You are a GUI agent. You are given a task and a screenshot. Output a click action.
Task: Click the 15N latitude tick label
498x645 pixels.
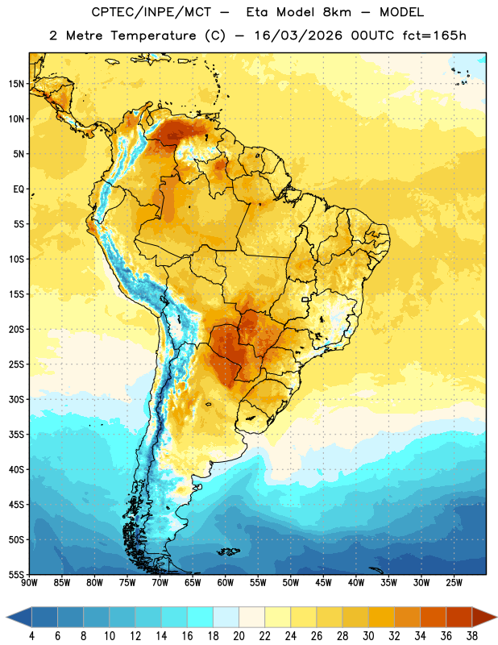click(x=16, y=84)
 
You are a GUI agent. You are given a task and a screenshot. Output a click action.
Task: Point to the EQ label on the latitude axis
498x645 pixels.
click(x=19, y=189)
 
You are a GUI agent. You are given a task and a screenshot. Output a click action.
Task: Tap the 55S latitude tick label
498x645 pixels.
click(x=16, y=574)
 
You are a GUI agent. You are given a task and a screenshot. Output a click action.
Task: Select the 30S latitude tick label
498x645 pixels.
click(x=16, y=399)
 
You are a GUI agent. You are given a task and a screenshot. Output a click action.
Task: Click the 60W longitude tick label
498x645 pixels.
click(x=226, y=583)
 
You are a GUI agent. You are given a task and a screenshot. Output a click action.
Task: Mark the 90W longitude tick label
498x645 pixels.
click(x=29, y=583)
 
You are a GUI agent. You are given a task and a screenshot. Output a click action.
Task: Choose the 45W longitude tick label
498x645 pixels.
click(x=323, y=583)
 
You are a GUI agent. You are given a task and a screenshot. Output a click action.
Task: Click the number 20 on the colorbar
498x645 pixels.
click(x=239, y=636)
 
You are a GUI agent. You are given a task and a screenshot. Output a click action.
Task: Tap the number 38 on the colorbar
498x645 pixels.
click(x=471, y=636)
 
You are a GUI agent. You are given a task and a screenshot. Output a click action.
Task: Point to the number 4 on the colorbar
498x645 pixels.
click(x=31, y=636)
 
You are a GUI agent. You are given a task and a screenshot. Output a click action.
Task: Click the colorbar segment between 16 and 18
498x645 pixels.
click(x=201, y=618)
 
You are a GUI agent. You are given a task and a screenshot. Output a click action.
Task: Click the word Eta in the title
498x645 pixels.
click(x=257, y=12)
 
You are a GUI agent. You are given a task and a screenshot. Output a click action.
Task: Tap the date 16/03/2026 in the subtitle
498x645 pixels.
click(x=298, y=35)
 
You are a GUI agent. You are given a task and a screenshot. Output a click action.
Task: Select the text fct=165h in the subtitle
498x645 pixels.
click(x=434, y=35)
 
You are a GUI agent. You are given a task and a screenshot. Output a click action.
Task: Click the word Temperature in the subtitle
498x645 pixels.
click(x=154, y=35)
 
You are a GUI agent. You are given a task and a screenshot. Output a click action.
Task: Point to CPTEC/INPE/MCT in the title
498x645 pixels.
click(x=151, y=12)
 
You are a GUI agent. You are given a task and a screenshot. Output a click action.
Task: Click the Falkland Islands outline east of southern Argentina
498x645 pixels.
click(x=228, y=551)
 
